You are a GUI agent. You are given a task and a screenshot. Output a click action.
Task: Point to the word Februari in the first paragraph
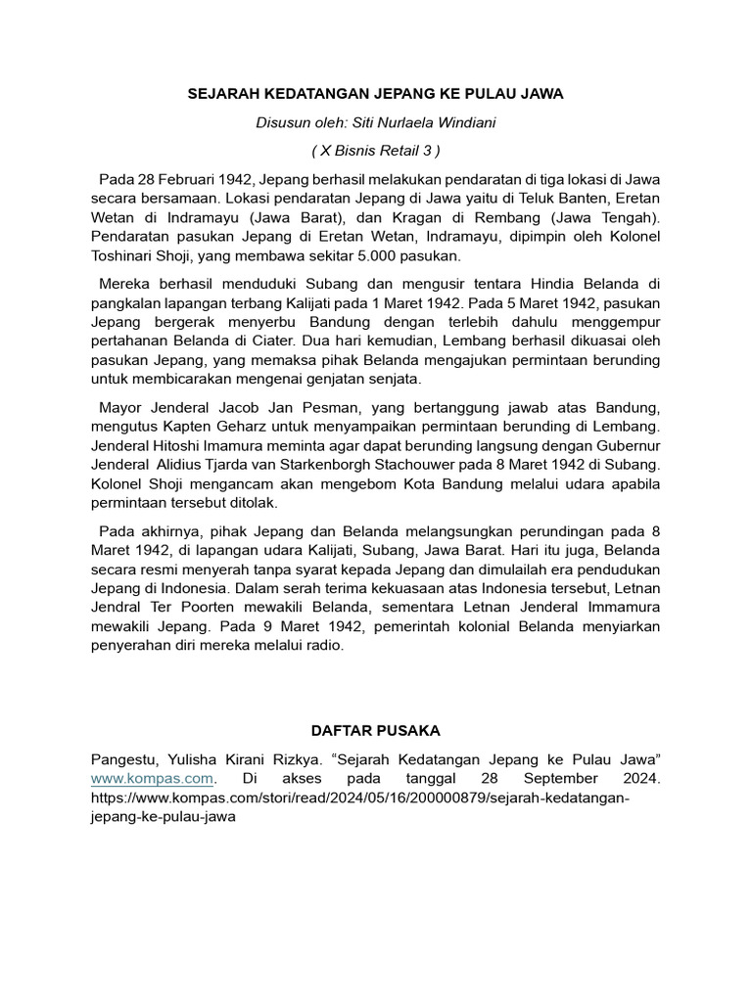(x=182, y=180)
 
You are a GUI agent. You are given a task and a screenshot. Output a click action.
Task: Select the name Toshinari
(x=128, y=255)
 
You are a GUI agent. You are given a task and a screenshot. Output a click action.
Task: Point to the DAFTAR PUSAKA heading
(x=375, y=730)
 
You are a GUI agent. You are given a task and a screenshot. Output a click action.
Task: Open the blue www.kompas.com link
(x=152, y=778)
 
